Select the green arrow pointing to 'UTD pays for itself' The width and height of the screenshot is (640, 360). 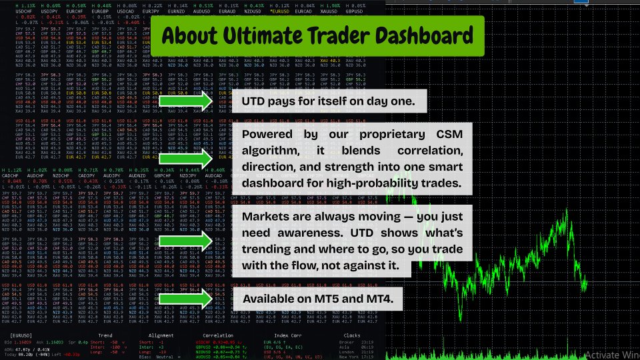point(187,101)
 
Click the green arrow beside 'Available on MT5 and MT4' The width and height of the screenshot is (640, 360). point(187,299)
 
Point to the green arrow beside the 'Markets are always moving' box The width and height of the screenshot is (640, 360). point(187,243)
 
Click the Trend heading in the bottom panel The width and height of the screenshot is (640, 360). point(105,336)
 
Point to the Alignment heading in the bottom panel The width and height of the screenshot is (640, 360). point(162,336)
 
